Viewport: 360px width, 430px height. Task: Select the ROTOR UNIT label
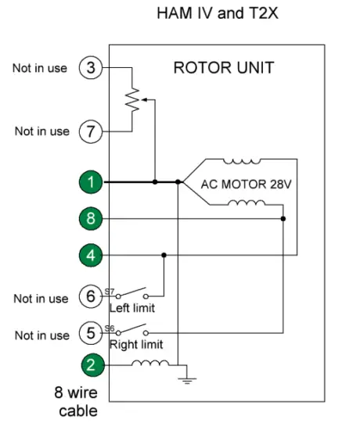tap(223, 68)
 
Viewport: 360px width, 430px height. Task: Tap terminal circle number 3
tap(91, 68)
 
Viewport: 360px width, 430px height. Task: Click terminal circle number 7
tap(91, 131)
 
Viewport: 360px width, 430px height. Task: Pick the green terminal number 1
tap(91, 182)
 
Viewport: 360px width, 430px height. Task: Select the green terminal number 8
tap(91, 219)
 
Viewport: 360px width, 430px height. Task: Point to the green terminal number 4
tap(91, 255)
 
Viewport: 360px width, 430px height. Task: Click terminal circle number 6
tap(91, 297)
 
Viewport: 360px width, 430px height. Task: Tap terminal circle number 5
tap(91, 334)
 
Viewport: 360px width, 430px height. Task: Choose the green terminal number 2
tap(91, 364)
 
